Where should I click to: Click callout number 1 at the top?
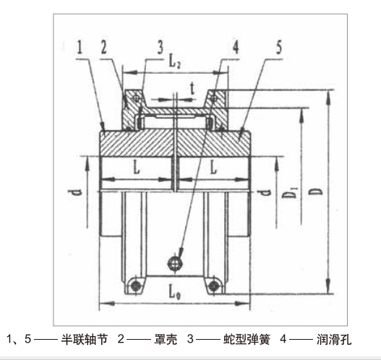point(80,48)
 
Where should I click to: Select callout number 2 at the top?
point(104,48)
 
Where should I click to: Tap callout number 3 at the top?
point(160,48)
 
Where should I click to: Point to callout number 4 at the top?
point(236,48)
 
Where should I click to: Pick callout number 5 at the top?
point(279,48)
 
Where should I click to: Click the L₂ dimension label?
point(174,62)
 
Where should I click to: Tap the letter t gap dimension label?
point(192,88)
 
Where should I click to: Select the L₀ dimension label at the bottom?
point(174,293)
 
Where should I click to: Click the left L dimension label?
point(137,168)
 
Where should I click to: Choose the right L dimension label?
point(213,168)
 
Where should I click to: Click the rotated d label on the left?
point(75,193)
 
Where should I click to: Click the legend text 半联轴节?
point(84,339)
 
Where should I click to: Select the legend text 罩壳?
point(166,339)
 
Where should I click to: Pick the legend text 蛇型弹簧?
point(247,339)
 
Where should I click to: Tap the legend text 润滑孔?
point(334,339)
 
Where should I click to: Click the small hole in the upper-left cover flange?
point(137,98)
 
